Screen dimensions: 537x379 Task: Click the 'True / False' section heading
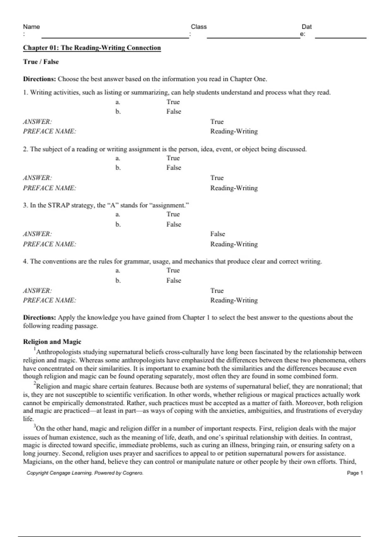(x=41, y=62)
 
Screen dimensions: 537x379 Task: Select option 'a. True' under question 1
(x=173, y=102)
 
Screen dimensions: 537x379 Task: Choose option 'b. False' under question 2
(x=173, y=168)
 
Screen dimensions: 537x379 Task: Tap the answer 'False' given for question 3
(x=218, y=234)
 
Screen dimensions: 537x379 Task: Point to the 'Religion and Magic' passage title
(x=52, y=342)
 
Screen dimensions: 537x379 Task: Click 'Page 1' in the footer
(x=355, y=473)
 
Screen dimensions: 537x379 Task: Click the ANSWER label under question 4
(x=37, y=291)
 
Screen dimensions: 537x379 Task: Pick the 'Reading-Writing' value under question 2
(x=234, y=188)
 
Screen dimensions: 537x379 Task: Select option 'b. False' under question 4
(x=173, y=281)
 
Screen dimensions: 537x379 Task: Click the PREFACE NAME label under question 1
(x=49, y=131)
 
